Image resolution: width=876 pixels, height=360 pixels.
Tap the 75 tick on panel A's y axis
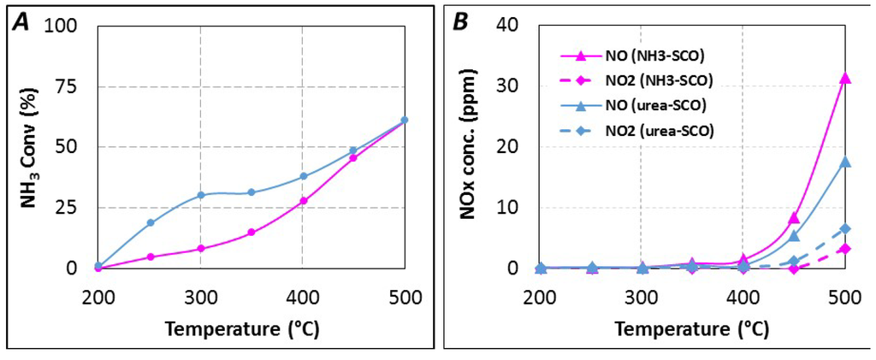[77, 86]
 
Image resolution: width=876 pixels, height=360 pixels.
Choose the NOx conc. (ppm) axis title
[468, 147]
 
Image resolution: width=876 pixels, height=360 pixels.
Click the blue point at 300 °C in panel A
[201, 195]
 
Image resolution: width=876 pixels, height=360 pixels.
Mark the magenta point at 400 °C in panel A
[303, 201]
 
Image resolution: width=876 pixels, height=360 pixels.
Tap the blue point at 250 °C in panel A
[150, 222]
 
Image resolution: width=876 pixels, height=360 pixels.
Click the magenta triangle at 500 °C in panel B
[845, 78]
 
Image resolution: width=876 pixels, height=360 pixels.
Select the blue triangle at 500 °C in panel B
[845, 162]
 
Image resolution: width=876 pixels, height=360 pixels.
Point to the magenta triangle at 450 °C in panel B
[794, 218]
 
